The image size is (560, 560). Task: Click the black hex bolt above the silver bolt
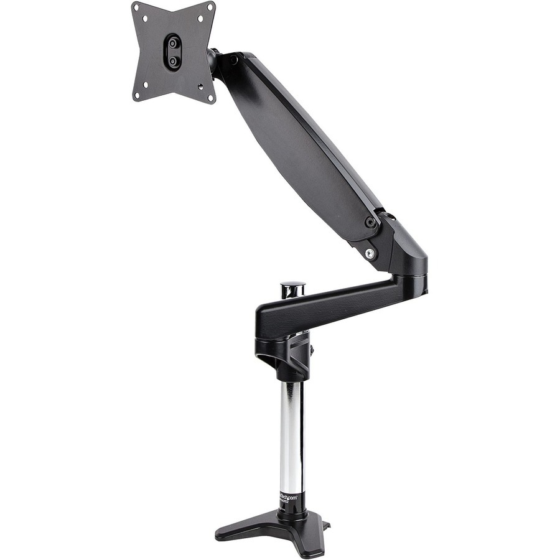pos(370,222)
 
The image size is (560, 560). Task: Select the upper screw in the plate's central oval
pos(174,44)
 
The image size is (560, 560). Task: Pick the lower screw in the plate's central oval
pos(173,61)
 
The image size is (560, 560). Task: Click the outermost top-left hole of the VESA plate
pos(136,7)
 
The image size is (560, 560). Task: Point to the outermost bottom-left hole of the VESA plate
pos(136,95)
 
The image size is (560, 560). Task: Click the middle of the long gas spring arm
pos(299,143)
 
